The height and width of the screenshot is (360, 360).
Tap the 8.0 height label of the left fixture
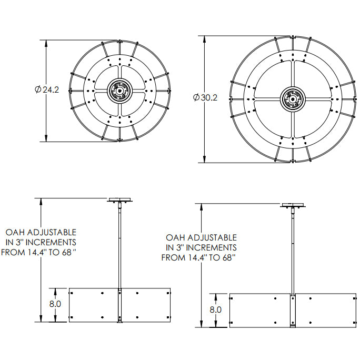pyautogui.click(x=55, y=304)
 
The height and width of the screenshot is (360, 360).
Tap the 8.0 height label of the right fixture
pyautogui.click(x=215, y=309)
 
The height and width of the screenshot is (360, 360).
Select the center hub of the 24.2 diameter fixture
pyautogui.click(x=119, y=91)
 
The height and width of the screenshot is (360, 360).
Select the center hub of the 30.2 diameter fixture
pyautogui.click(x=293, y=99)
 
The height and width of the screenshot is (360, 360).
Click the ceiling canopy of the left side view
pyautogui.click(x=119, y=200)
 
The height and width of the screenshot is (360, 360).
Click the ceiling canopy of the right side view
pyautogui.click(x=293, y=205)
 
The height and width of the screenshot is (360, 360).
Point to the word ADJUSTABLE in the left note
pyautogui.click(x=52, y=232)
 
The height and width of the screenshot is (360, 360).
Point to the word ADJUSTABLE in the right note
pyautogui.click(x=212, y=237)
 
